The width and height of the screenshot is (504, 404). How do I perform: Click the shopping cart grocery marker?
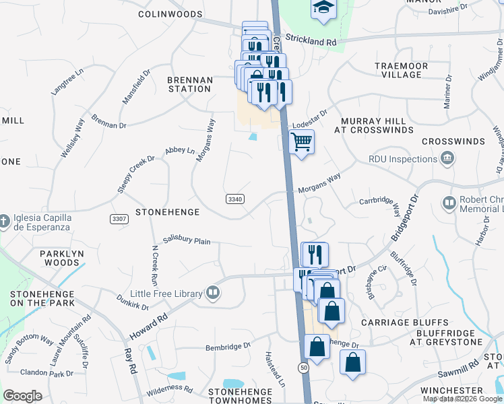[x=301, y=142]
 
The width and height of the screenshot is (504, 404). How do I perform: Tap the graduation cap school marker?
[x=323, y=8]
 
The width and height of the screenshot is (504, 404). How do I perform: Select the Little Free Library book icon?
[x=212, y=292]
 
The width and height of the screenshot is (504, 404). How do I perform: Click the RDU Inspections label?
[x=403, y=159]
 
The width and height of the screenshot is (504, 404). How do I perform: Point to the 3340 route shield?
[x=235, y=199]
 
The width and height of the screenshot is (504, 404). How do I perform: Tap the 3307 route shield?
[x=119, y=220]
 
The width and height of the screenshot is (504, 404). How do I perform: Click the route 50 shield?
[x=304, y=367]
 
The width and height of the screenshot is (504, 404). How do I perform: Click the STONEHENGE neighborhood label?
[x=167, y=212]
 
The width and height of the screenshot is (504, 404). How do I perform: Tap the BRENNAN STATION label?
[x=189, y=84]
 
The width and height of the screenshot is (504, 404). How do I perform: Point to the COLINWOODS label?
[x=170, y=13]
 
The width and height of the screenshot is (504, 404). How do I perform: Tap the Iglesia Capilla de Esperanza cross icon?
[x=4, y=220]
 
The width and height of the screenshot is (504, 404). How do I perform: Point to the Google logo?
[x=23, y=396]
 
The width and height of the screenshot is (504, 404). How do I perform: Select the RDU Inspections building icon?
[x=446, y=159]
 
